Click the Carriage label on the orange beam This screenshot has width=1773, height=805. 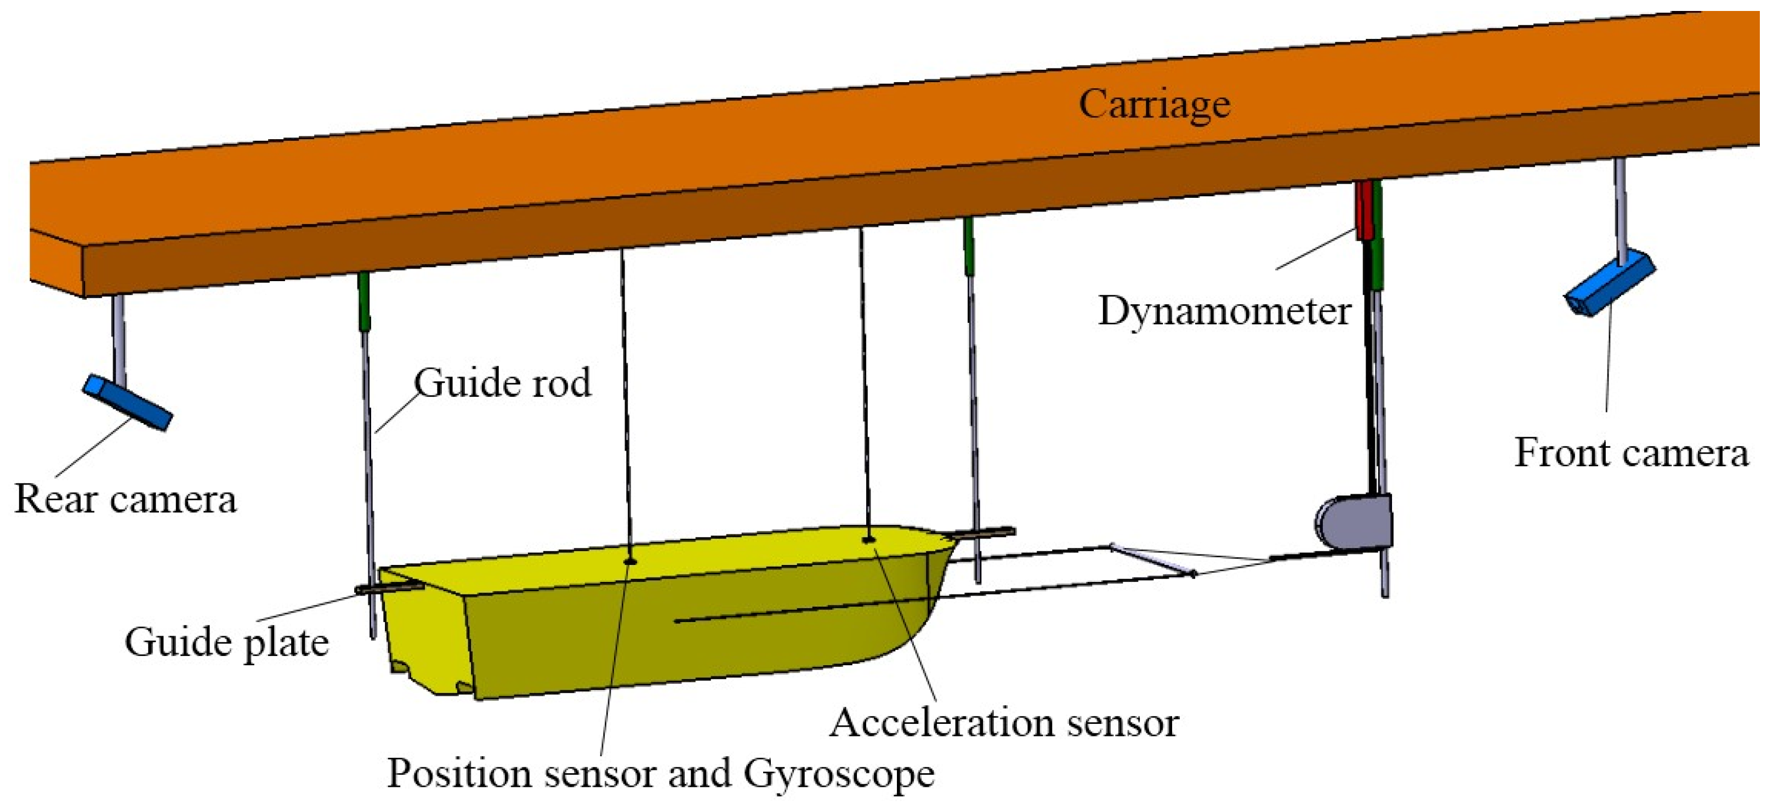pos(1153,105)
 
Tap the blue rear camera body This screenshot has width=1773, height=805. pos(127,402)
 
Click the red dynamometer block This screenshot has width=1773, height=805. pos(1363,210)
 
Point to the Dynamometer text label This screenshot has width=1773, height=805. pos(1224,311)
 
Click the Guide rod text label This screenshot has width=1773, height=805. pos(502,383)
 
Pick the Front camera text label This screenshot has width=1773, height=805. pos(1630,453)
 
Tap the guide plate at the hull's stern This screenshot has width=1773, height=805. pos(389,589)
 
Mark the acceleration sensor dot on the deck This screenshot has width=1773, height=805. pos(868,539)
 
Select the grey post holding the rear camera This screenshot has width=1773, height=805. pos(120,337)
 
